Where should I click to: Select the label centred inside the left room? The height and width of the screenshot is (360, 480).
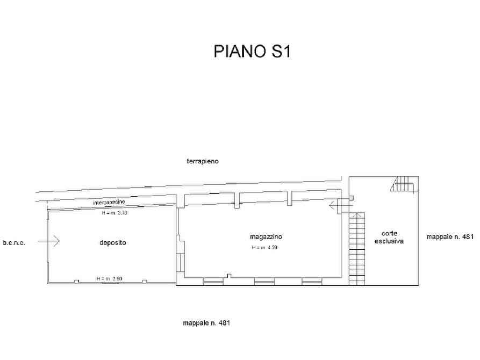113,243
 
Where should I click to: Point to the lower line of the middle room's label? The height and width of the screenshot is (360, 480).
265,248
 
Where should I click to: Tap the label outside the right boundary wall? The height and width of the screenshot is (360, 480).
449,236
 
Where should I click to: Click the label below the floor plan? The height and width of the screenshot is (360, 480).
207,323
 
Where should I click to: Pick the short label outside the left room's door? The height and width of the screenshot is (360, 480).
14,243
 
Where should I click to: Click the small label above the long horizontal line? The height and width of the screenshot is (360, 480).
202,161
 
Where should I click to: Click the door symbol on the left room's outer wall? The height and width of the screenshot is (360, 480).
50,242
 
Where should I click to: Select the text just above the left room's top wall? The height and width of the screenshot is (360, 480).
110,202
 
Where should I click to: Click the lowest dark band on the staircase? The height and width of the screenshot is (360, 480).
355,276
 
